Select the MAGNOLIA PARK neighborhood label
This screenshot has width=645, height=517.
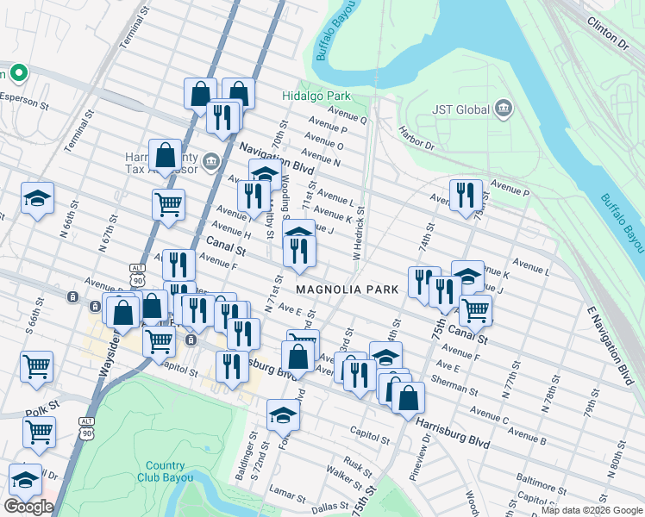348,290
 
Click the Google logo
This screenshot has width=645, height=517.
28,507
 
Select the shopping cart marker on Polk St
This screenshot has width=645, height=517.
39,430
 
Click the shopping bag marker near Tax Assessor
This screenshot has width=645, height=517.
165,156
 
